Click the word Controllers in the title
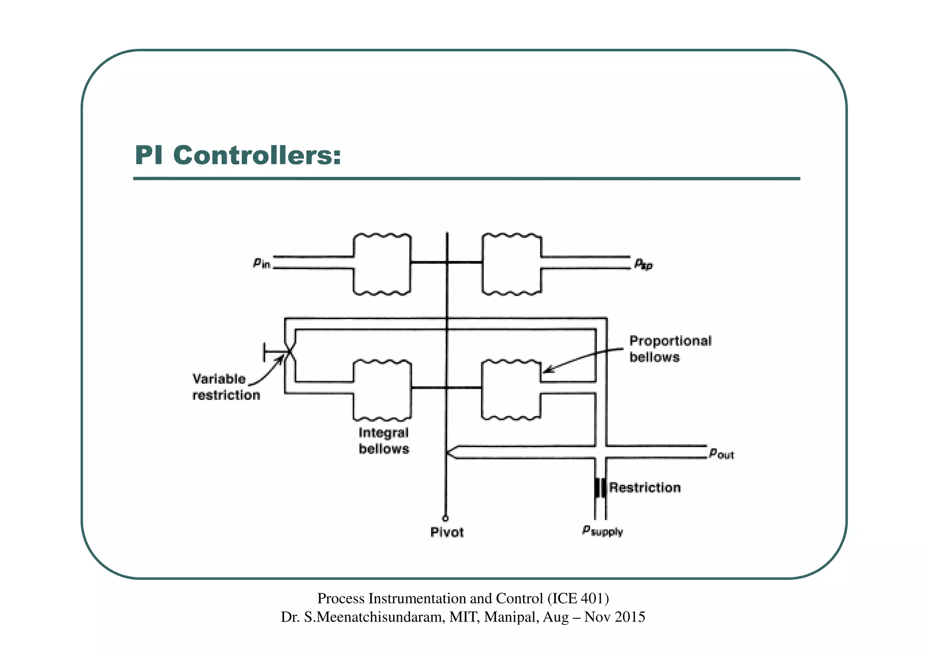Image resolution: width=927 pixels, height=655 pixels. [x=257, y=155]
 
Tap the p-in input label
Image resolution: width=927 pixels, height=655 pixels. [x=262, y=263]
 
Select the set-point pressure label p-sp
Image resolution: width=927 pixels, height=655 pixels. [x=643, y=263]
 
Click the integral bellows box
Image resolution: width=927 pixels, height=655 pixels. [x=382, y=390]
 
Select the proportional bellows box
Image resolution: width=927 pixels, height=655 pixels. [x=511, y=390]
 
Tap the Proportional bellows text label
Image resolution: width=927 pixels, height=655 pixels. [x=670, y=349]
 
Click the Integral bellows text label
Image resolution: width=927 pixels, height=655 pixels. [x=384, y=440]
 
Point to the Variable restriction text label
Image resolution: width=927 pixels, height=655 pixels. [x=226, y=387]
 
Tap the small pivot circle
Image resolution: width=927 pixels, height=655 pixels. [x=445, y=518]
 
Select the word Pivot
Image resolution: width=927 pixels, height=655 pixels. [x=447, y=532]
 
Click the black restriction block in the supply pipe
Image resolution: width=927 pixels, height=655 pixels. [x=600, y=488]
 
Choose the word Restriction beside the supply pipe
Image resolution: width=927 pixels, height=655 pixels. [x=645, y=488]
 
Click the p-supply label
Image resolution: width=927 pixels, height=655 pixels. [x=602, y=531]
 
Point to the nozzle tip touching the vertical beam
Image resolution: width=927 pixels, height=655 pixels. [x=448, y=452]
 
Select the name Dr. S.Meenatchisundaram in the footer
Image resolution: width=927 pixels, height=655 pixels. [x=362, y=617]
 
